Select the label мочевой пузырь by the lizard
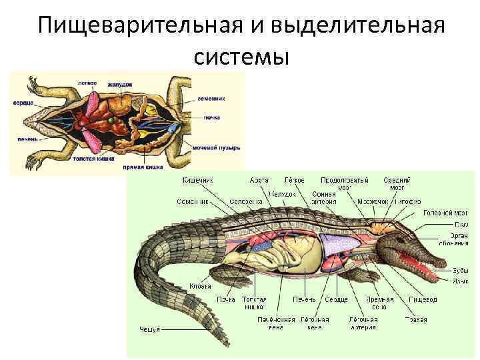pos(216,147)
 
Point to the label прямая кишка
pos(143,167)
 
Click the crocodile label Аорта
pos(259,181)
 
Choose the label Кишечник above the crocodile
pos(198,181)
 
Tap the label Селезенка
pos(246,201)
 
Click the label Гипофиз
pos(406,201)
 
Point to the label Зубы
pos(460,271)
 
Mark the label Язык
pos(460,281)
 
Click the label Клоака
pos(201,286)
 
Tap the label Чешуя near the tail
pos(149,329)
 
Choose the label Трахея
pos(415,320)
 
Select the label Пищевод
pos(423,300)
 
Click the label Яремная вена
pos(379,303)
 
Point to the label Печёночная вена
pos(276,323)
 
